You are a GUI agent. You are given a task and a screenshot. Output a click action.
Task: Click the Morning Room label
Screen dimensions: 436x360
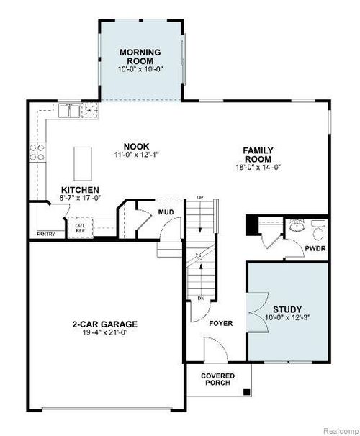pyautogui.click(x=140, y=57)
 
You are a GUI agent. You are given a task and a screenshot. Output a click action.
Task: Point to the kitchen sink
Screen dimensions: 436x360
pyautogui.click(x=70, y=110)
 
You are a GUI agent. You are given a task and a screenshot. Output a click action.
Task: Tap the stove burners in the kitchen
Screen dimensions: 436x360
pyautogui.click(x=36, y=152)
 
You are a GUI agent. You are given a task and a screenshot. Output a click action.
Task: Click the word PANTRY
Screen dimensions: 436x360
pyautogui.click(x=46, y=233)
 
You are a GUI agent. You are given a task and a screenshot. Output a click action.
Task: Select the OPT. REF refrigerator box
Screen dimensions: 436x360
pyautogui.click(x=80, y=227)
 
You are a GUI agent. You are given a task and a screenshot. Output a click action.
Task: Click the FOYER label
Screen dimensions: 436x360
pyautogui.click(x=220, y=324)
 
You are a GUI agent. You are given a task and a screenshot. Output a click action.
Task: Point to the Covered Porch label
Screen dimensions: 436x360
pyautogui.click(x=216, y=379)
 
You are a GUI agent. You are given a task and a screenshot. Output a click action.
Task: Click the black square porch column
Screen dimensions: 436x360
pyautogui.click(x=247, y=392)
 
